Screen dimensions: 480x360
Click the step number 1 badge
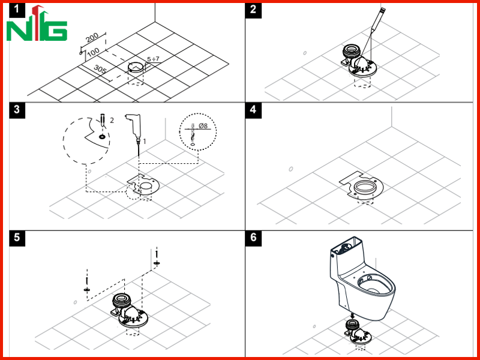(16, 10)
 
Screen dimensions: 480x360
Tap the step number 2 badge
(253, 10)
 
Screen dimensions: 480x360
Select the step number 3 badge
(17, 110)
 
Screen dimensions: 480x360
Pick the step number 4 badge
(253, 110)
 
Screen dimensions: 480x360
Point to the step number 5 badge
(17, 238)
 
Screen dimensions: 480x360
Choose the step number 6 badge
(253, 238)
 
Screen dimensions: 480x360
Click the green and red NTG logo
(37, 24)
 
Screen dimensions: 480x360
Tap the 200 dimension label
(92, 37)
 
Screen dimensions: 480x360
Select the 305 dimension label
(100, 70)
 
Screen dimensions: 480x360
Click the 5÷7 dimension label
(153, 59)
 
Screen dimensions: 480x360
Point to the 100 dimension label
(93, 52)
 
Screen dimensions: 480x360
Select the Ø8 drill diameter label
(203, 125)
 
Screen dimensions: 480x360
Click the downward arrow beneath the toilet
(352, 316)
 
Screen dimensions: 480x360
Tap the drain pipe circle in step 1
(136, 67)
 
